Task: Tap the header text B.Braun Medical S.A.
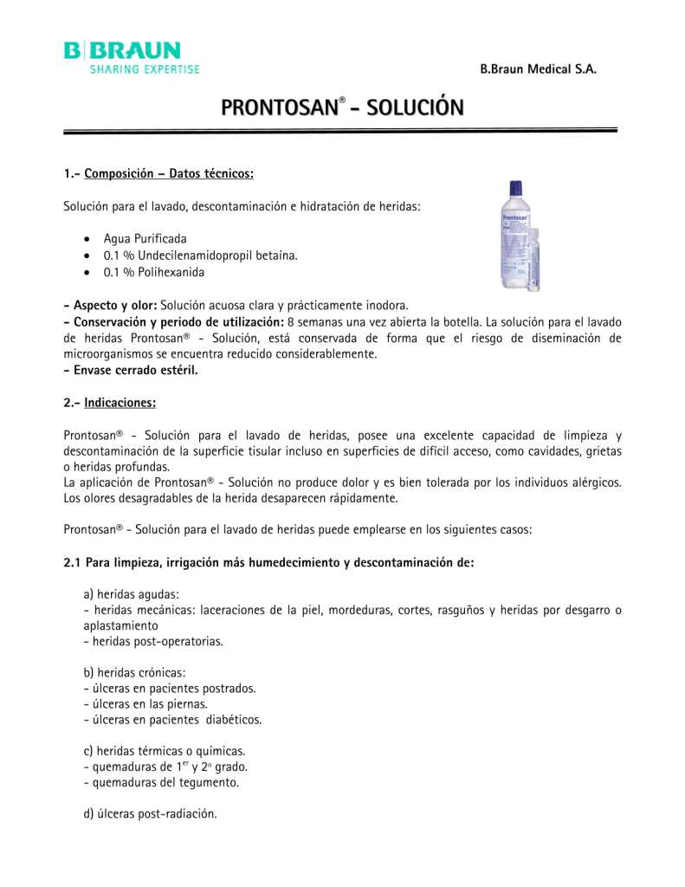point(538,68)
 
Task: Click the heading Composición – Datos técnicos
point(169,174)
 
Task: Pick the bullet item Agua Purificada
point(145,238)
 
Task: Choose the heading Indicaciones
point(120,403)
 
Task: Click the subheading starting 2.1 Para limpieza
point(268,562)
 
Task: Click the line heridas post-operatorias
point(153,642)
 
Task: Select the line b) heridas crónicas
point(134,673)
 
